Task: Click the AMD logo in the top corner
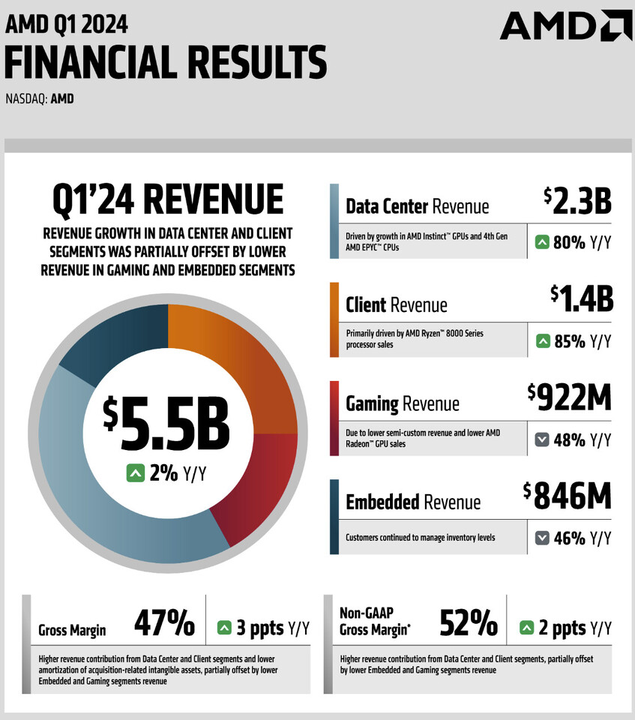[x=565, y=25]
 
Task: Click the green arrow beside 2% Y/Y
[x=135, y=473]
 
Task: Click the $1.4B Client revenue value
[x=581, y=298]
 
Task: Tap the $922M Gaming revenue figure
[x=570, y=396]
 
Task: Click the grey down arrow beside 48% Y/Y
[x=543, y=440]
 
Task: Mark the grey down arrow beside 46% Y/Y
[x=543, y=538]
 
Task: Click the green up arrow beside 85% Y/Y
[x=543, y=341]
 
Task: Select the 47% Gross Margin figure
[x=164, y=622]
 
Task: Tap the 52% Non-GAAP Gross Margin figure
[x=469, y=622]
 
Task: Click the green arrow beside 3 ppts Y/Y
[x=223, y=628]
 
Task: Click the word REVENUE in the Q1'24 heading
[x=213, y=199]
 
